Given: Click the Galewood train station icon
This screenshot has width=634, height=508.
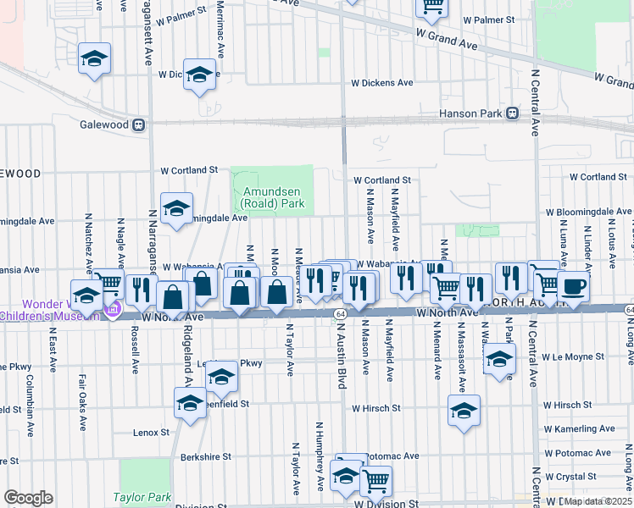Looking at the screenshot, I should coord(137,124).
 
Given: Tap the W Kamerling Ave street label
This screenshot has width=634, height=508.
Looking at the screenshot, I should coord(582,428).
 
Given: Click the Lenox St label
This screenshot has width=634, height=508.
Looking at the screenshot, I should coord(152,432).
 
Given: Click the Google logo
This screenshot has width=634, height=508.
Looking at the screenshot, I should coord(28,498).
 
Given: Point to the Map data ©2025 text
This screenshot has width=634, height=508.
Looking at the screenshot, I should coord(598,501).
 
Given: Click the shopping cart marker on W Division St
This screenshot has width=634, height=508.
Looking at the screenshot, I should coord(375,481).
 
